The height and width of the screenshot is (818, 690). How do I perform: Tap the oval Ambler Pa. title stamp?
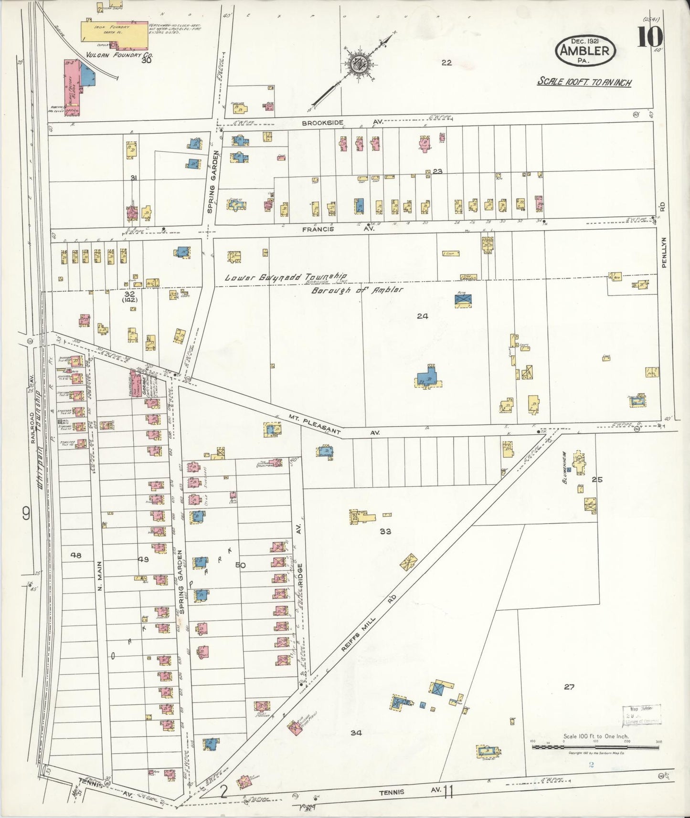click(x=585, y=51)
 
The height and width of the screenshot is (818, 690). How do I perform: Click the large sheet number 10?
click(x=649, y=38)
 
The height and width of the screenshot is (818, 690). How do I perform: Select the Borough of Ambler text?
click(x=357, y=290)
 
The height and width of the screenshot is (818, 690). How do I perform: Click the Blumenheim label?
click(x=565, y=468)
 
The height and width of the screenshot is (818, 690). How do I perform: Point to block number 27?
click(x=569, y=687)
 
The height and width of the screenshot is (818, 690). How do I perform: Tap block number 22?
click(x=446, y=63)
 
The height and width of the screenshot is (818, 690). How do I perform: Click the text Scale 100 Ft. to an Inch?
click(x=584, y=82)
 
